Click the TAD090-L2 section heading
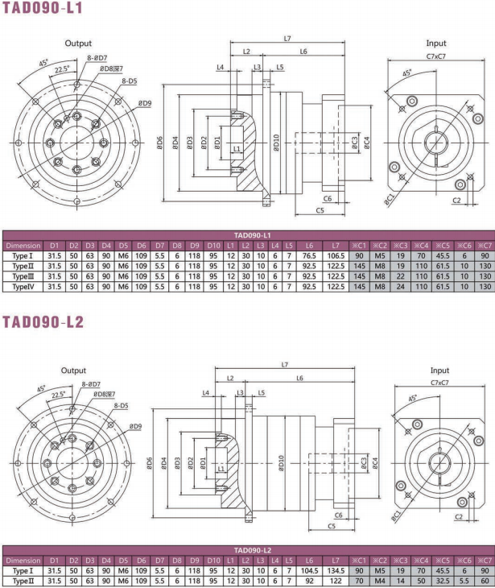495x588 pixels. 44,322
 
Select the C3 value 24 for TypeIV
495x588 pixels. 398,286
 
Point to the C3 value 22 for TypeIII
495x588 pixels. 398,275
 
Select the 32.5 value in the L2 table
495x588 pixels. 441,579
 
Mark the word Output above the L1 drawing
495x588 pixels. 78,43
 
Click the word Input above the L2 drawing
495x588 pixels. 439,370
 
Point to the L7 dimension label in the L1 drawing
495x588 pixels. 287,38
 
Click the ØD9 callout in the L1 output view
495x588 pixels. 144,104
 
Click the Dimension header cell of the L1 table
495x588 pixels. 23,245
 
